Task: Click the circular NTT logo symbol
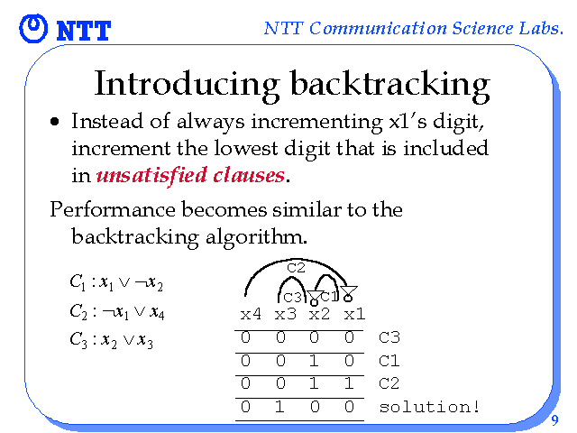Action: [x=33, y=28]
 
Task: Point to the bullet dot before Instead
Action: [x=54, y=122]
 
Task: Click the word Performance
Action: [x=112, y=210]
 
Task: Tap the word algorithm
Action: [x=256, y=236]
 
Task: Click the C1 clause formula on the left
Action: [x=116, y=282]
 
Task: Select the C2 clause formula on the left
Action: [x=117, y=312]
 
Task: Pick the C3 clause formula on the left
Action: [x=111, y=340]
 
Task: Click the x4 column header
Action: [x=251, y=315]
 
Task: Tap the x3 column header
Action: [x=286, y=315]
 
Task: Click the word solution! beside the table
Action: [x=429, y=407]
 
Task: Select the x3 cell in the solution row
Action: [x=280, y=407]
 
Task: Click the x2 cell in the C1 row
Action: [x=314, y=361]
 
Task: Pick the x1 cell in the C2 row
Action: [x=349, y=383]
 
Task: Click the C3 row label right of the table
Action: [x=389, y=337]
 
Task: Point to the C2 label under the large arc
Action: [x=297, y=268]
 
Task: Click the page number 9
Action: [x=555, y=419]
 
